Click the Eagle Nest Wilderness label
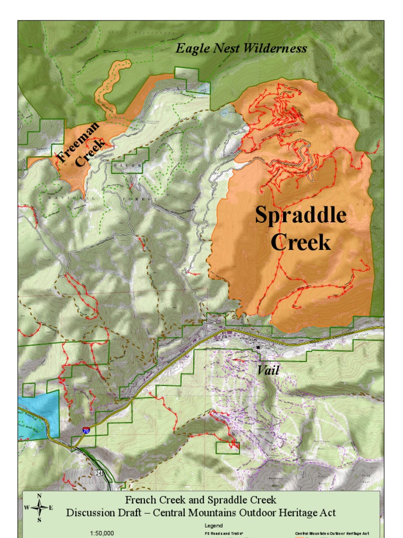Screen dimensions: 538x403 (241, 48)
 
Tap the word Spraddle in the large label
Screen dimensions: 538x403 (301, 215)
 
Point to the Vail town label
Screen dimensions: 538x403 (268, 370)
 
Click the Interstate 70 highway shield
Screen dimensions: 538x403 (86, 430)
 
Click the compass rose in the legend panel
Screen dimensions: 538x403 (39, 508)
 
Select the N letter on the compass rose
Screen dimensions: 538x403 (39, 496)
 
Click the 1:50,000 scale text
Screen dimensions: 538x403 (102, 533)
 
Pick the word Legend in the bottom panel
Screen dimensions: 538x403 (214, 525)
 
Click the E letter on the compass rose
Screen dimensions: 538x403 (51, 508)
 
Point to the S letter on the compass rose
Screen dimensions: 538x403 (39, 520)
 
